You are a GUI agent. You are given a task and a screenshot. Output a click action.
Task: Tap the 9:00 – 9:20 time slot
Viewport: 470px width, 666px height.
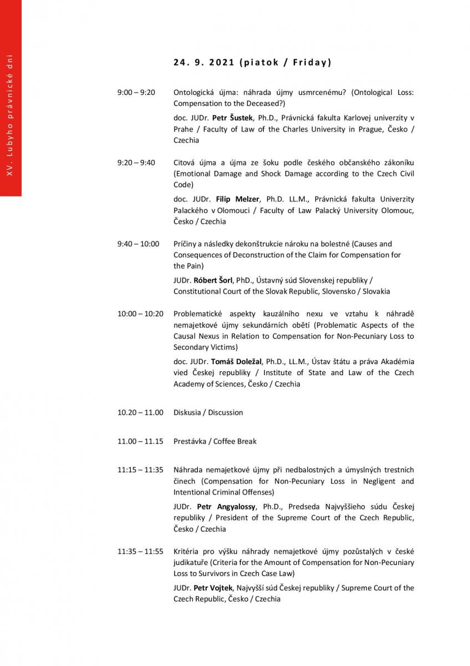[x=136, y=92]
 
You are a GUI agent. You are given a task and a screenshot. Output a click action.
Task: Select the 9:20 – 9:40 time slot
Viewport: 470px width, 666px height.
[x=136, y=163]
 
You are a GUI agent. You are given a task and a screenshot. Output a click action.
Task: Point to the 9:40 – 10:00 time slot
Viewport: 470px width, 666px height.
[x=138, y=244]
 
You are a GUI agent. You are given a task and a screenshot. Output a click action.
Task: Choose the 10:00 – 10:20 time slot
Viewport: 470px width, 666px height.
[x=140, y=314]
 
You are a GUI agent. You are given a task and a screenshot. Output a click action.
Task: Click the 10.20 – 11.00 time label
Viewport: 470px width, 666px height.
[x=140, y=412]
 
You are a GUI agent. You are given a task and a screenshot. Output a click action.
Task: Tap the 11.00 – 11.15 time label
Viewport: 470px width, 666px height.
[x=140, y=441]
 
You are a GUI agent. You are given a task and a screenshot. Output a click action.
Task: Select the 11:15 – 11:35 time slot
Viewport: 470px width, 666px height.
[x=140, y=470]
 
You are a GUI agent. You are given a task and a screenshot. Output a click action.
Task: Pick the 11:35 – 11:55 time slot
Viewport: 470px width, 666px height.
[x=140, y=551]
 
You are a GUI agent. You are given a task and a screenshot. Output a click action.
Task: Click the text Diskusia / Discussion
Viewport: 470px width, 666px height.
[x=208, y=412]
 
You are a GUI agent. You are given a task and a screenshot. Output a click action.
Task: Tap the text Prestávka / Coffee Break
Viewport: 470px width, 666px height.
[x=215, y=441]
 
